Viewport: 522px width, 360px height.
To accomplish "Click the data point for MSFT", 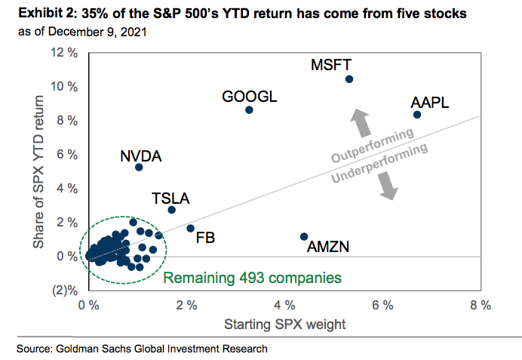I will point(349,79).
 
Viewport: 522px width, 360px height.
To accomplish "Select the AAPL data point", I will point(416,115).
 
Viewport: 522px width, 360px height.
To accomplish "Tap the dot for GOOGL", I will point(250,110).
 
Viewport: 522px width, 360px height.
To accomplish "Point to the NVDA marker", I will point(139,167).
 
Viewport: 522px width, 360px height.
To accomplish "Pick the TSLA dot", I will point(171,210).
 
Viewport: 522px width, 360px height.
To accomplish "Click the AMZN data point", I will point(304,236).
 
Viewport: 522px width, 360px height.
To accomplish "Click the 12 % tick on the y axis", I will point(63,53).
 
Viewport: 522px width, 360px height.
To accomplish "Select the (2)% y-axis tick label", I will point(64,291).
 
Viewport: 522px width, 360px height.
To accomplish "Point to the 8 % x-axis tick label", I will point(481,306).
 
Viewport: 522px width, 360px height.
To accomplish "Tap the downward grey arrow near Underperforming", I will point(388,186).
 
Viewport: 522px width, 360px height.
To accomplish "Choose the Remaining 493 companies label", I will point(252,278).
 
